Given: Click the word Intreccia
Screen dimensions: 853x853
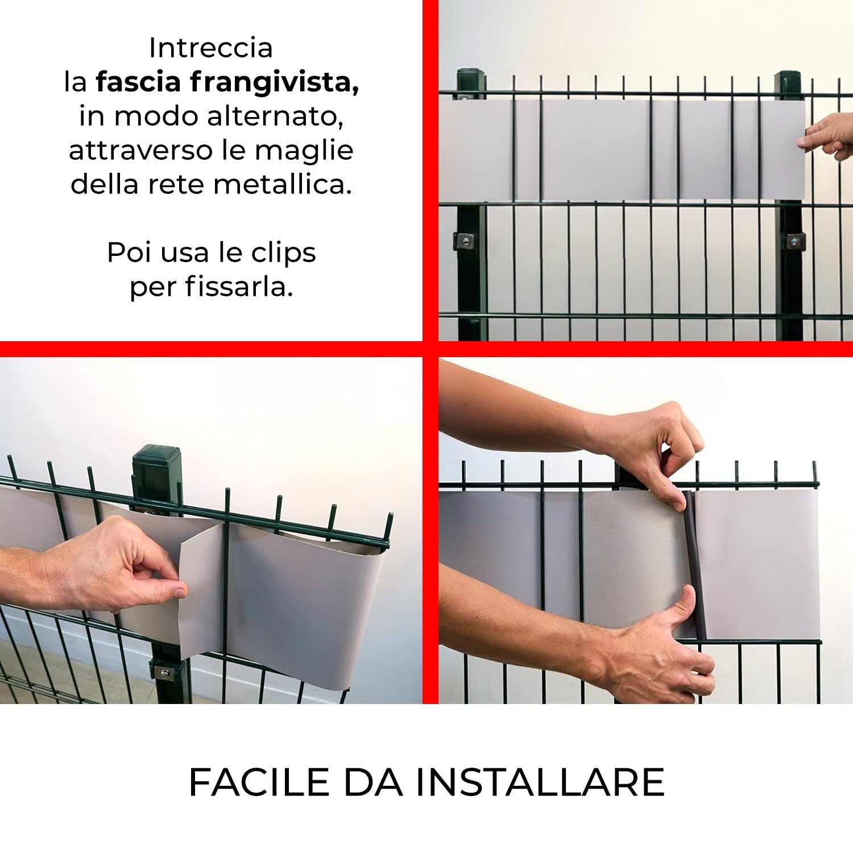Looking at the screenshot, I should pos(210,48).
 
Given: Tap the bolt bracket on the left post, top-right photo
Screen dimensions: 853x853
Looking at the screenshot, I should pos(464,241).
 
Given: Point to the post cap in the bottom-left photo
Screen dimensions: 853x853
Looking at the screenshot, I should pos(150,459).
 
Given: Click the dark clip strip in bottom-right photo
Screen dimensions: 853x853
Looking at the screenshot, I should pos(696,569).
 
